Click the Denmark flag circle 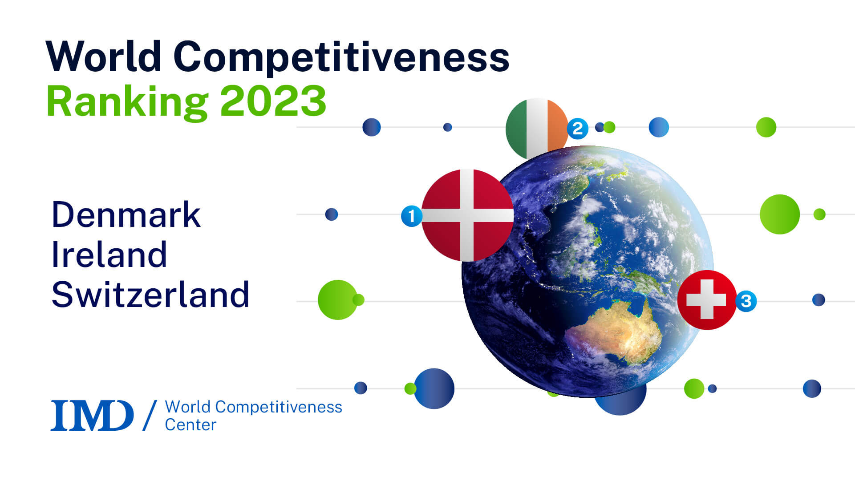(x=467, y=215)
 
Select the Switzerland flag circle (x=707, y=299)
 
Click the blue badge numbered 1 (x=411, y=216)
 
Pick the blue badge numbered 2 (x=577, y=129)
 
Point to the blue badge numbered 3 (x=746, y=301)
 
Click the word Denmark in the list (x=126, y=215)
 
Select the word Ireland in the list (x=109, y=255)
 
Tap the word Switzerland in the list (x=150, y=295)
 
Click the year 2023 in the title (x=273, y=101)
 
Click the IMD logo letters (x=92, y=415)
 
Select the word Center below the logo (x=190, y=425)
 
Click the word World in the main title (x=103, y=57)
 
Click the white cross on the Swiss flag (x=706, y=299)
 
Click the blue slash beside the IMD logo (x=150, y=415)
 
